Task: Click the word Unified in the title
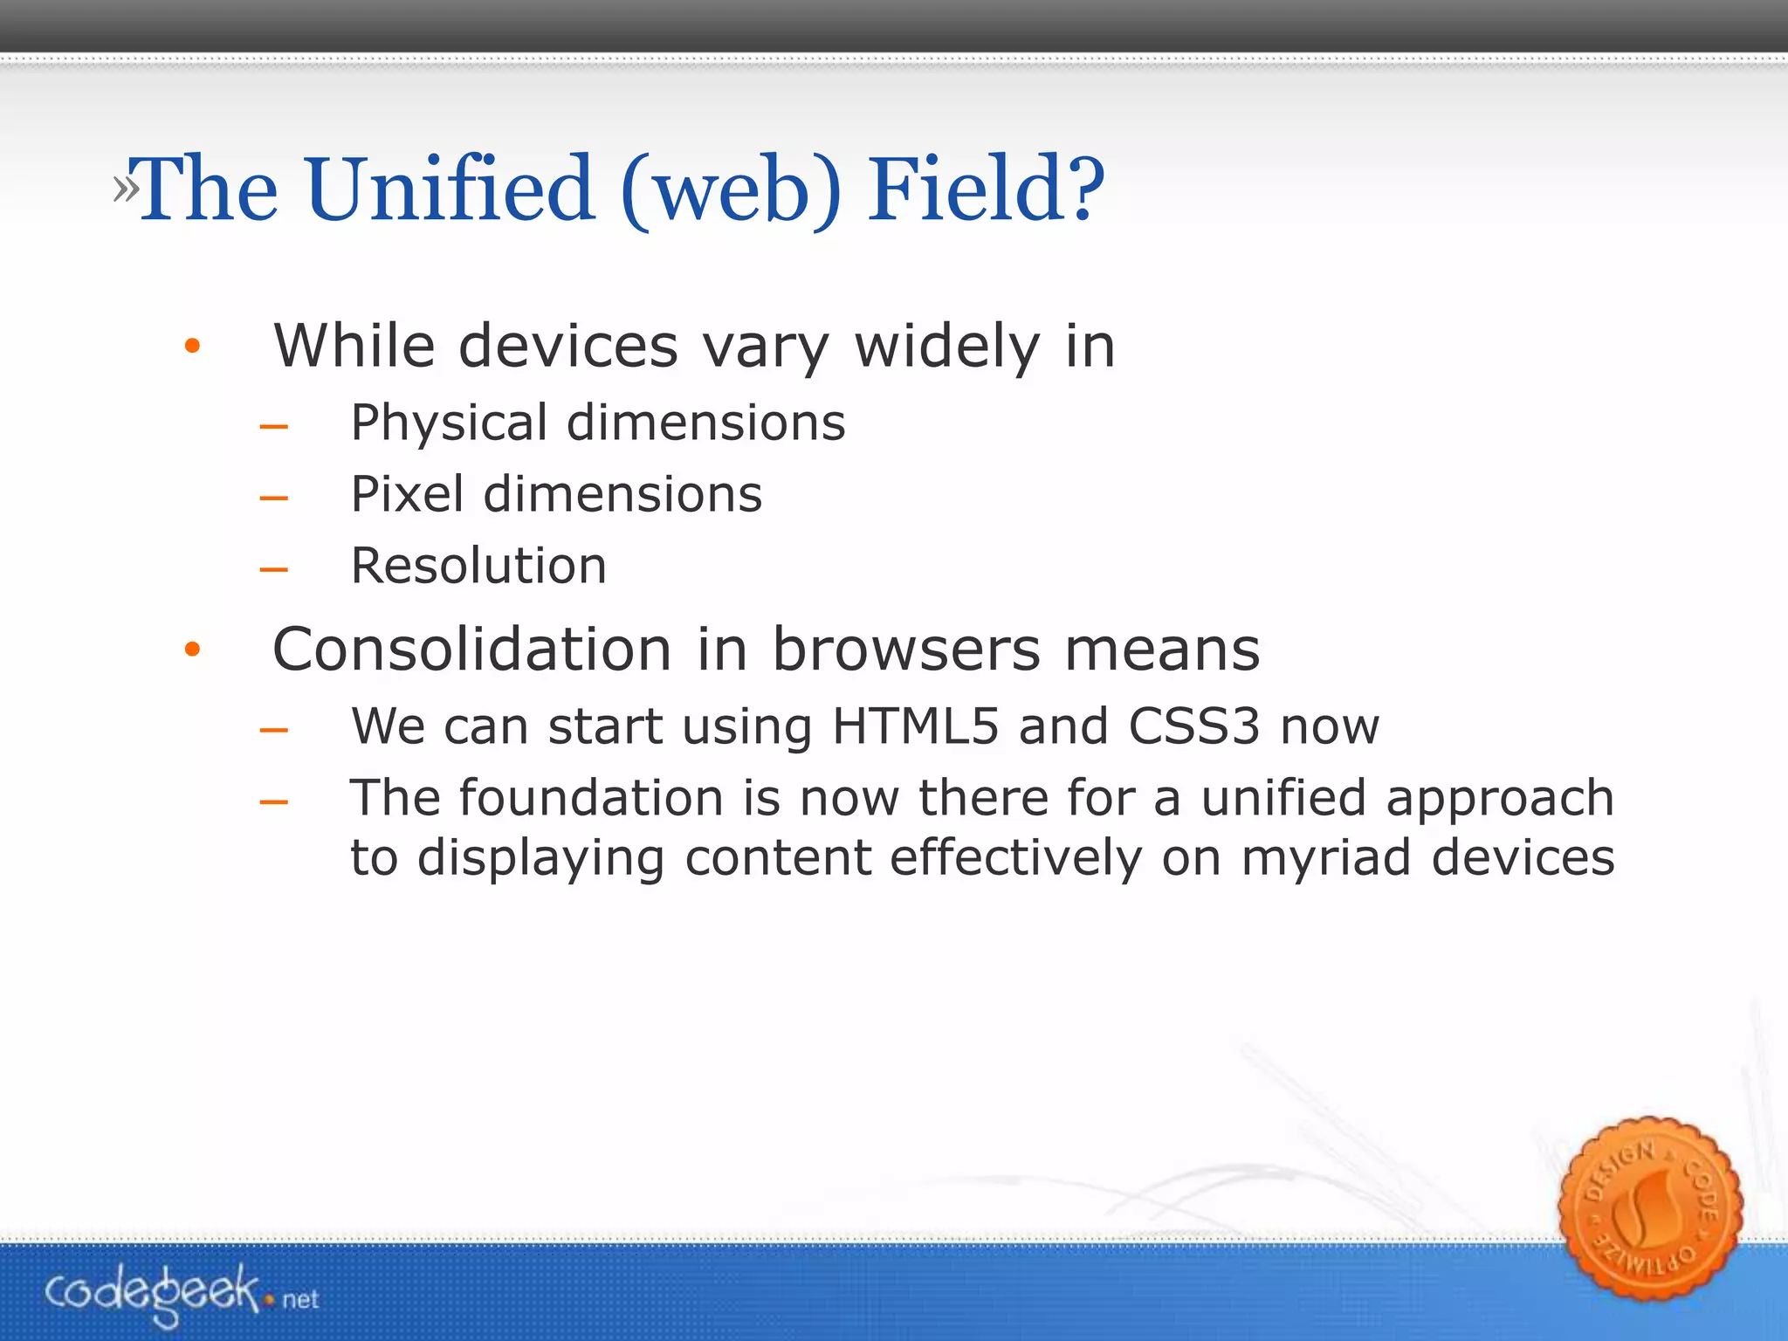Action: coord(450,189)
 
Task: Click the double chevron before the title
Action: coord(125,189)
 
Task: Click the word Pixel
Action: coord(407,494)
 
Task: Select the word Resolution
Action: coord(478,566)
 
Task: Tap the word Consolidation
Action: coord(471,650)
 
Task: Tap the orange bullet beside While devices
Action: coord(193,347)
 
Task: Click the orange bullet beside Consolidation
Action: coord(193,650)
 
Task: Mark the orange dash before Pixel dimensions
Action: coord(274,499)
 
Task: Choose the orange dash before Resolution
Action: coord(274,570)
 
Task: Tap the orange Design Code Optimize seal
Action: coord(1650,1208)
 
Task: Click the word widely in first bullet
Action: coord(946,347)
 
